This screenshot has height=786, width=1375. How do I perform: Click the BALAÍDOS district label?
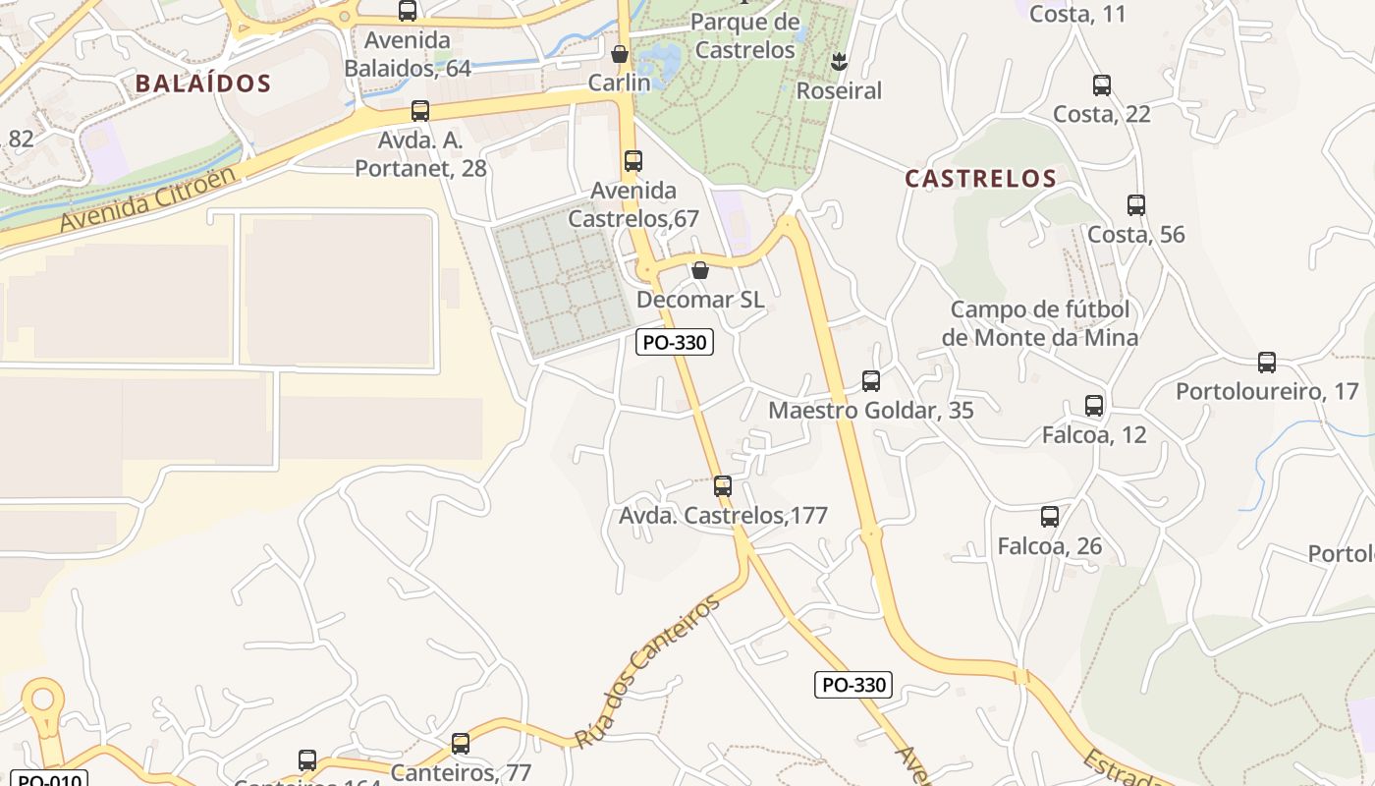(x=202, y=84)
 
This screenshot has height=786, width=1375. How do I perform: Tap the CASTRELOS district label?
(x=980, y=179)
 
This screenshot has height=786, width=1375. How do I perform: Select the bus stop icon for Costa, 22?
(x=1102, y=85)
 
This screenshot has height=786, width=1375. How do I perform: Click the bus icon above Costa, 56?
(x=1136, y=205)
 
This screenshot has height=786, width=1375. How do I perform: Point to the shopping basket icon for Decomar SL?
(x=700, y=270)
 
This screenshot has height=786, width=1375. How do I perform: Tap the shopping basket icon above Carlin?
(x=620, y=53)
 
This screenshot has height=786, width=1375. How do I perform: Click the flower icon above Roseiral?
(x=839, y=62)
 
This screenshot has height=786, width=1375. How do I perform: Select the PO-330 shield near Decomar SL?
(x=674, y=343)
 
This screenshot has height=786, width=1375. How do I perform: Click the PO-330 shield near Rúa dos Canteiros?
(x=853, y=685)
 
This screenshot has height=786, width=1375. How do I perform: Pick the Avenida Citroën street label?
(x=148, y=200)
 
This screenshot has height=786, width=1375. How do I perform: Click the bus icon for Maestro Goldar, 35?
(x=871, y=381)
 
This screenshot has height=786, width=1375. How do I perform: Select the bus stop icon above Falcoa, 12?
(x=1094, y=406)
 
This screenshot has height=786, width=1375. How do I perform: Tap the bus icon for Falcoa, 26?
(x=1050, y=517)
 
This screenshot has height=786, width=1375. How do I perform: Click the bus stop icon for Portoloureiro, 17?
(x=1267, y=363)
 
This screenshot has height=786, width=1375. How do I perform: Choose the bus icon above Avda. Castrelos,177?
(x=723, y=485)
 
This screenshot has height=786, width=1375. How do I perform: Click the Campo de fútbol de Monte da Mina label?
(x=1040, y=323)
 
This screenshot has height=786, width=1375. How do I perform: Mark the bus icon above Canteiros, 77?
(x=461, y=744)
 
